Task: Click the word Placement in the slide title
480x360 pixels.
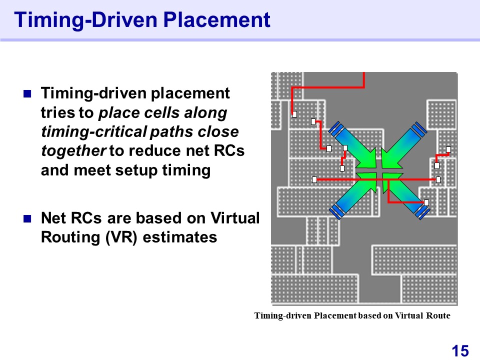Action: tap(216, 19)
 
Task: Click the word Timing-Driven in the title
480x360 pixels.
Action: tap(85, 19)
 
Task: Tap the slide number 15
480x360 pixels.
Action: tap(460, 351)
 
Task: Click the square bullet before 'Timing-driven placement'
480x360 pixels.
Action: tap(27, 93)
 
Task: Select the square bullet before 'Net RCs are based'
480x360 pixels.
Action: tap(27, 218)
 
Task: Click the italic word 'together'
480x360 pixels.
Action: tap(73, 150)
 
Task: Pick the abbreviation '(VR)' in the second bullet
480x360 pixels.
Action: tap(121, 237)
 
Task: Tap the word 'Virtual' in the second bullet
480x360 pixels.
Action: tap(235, 218)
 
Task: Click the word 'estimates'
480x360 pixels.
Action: tap(180, 237)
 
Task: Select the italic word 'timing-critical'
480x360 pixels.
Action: tap(94, 132)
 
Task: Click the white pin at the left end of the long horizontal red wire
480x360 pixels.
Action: tap(314, 179)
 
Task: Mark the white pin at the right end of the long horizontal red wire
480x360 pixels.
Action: tap(438, 179)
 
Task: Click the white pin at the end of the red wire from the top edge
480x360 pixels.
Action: tap(294, 114)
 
